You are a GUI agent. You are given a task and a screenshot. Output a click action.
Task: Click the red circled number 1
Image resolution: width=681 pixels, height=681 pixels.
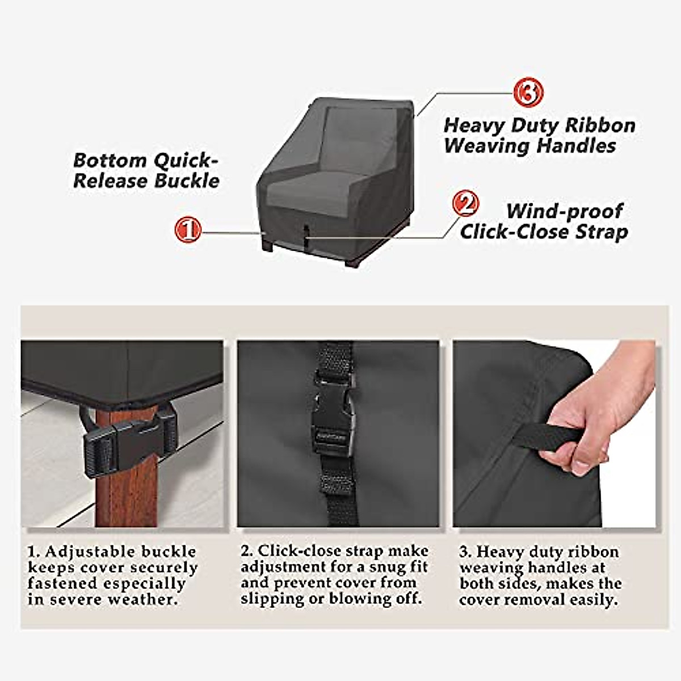click(x=188, y=230)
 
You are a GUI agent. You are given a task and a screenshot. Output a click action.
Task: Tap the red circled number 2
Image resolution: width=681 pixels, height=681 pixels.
click(x=465, y=204)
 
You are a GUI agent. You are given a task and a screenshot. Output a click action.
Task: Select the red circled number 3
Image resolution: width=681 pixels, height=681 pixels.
click(x=528, y=93)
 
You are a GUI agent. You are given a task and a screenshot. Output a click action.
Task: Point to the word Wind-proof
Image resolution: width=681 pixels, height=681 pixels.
click(x=564, y=211)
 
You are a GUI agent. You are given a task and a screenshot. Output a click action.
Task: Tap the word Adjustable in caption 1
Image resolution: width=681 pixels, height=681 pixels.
click(x=90, y=552)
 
